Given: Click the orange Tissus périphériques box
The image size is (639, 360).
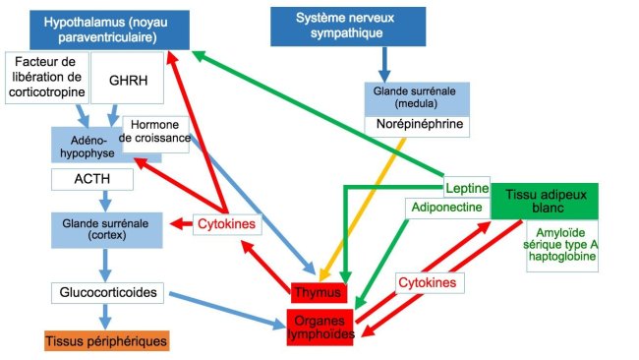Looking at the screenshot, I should coord(106,340).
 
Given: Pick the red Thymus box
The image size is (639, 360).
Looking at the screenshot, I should coord(319,292).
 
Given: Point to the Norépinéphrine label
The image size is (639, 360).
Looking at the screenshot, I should coord(413,125).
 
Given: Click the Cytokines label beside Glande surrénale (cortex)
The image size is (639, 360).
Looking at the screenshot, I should coord(225,224).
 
